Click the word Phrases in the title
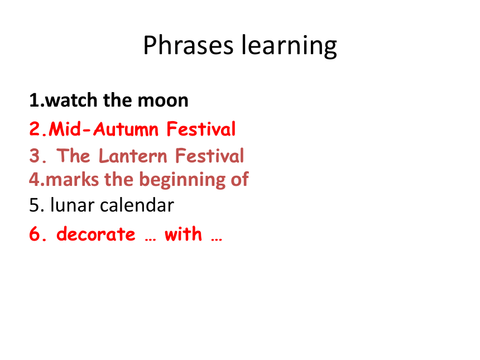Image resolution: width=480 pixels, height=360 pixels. pyautogui.click(x=188, y=45)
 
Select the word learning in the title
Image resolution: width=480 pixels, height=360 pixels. pyautogui.click(x=289, y=46)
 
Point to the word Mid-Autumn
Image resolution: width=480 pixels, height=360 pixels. pyautogui.click(x=103, y=128)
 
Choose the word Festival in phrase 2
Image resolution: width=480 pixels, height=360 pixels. pyautogui.click(x=201, y=128)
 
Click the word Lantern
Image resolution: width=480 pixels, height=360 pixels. pyautogui.click(x=133, y=156)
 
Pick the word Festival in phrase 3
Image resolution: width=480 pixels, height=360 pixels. pyautogui.click(x=210, y=156)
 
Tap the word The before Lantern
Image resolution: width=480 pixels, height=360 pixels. pyautogui.click(x=73, y=156)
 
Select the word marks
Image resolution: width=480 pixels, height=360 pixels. pyautogui.click(x=72, y=179)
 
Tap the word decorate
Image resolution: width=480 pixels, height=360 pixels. pyautogui.click(x=96, y=234)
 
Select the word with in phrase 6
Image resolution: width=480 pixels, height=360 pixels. pyautogui.click(x=184, y=234)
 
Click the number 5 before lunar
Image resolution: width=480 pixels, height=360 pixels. pyautogui.click(x=34, y=205)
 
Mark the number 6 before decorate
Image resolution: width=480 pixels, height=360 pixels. pyautogui.click(x=35, y=234)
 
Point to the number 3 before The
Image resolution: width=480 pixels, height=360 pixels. pyautogui.click(x=35, y=156)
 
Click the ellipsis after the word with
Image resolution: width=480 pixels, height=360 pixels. pyautogui.click(x=217, y=239)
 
